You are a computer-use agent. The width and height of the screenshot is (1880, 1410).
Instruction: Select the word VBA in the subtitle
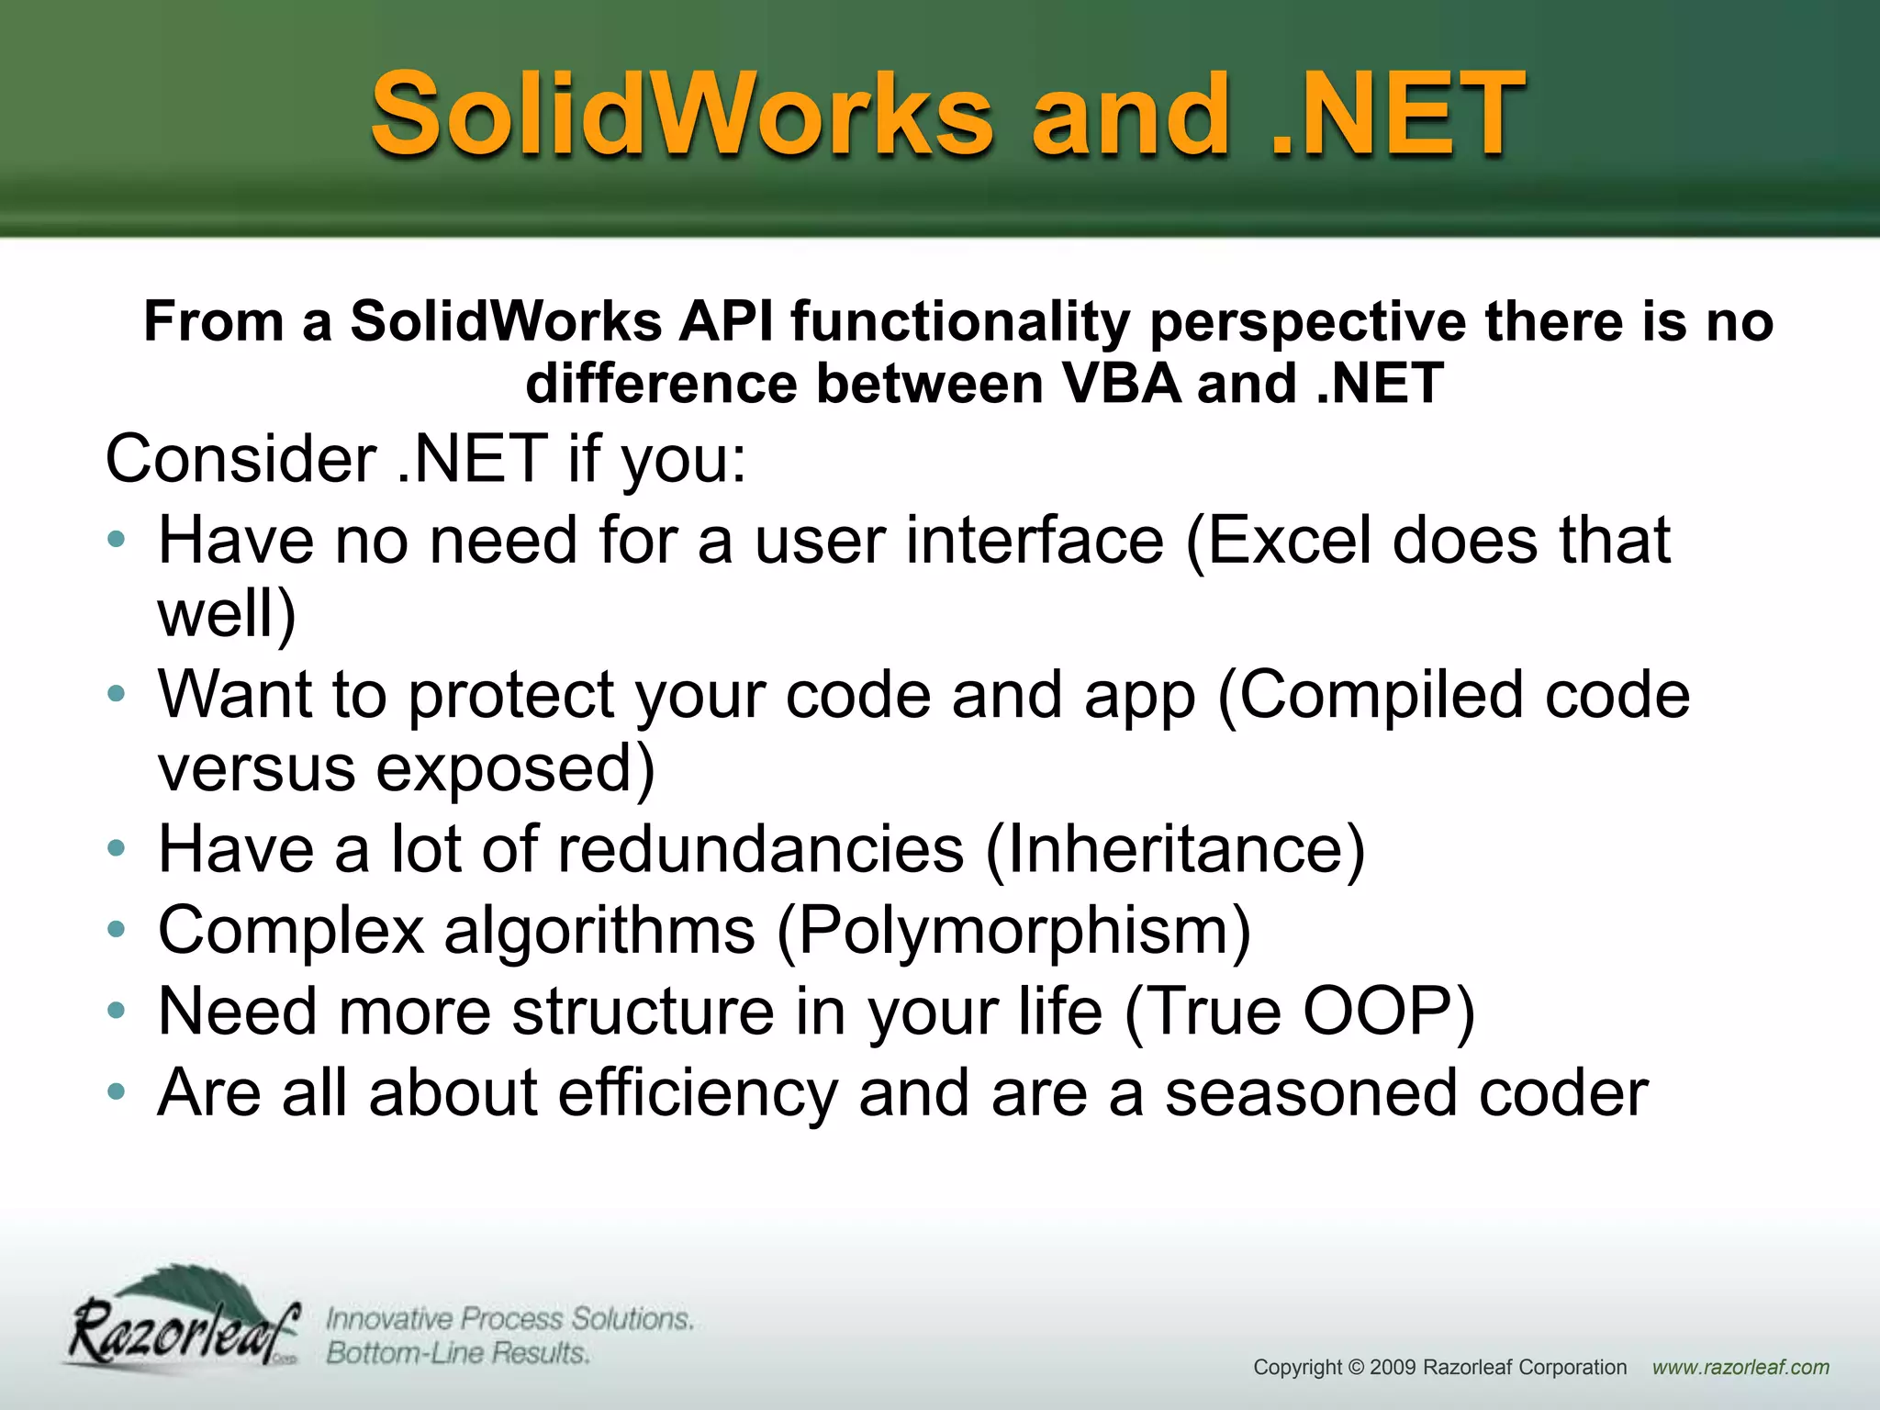1121,383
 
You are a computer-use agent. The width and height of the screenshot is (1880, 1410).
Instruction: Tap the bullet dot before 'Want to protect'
116,694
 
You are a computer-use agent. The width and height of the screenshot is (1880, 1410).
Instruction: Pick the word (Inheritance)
1175,848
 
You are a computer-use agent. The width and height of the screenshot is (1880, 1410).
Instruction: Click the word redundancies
761,848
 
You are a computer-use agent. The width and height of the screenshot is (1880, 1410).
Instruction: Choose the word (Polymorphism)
1013,930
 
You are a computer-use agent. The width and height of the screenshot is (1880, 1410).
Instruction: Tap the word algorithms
599,930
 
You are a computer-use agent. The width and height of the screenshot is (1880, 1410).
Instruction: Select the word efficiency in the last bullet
698,1092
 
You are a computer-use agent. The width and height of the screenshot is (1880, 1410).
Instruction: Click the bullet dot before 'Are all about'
116,1092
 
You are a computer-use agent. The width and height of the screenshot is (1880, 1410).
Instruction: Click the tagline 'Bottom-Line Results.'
457,1353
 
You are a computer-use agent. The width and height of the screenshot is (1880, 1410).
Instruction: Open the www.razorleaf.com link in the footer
1740,1367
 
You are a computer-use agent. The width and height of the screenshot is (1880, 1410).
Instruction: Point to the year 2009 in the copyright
1393,1367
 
